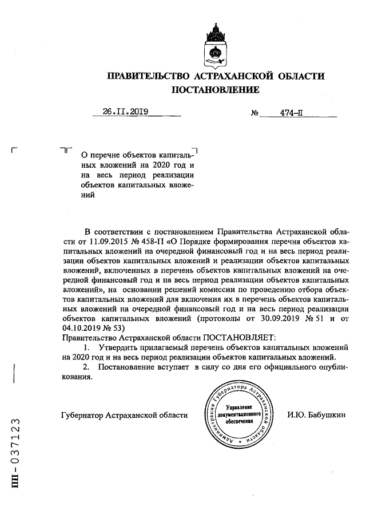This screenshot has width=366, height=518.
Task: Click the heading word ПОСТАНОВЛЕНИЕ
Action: click(216, 90)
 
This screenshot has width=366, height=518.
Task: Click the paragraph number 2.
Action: click(86, 367)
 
